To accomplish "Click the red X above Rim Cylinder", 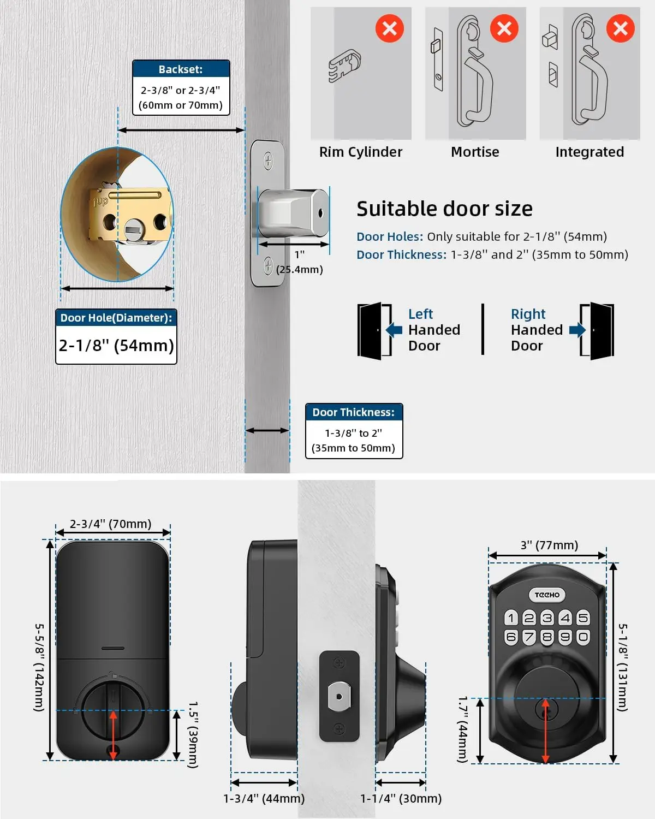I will point(390,28).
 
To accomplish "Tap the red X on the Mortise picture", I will point(504,28).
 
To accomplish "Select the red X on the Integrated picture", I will point(620,28).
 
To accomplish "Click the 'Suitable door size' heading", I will point(444,209).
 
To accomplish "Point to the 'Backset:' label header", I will point(181,69).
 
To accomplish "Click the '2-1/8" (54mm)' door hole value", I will point(116,345).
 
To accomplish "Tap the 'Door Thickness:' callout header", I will point(354,412).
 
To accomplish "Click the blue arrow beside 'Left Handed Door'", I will point(394,330).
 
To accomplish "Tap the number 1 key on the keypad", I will point(511,618).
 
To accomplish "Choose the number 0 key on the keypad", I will point(583,637).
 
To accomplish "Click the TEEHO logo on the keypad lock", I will point(547,595).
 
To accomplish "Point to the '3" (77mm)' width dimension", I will point(549,545).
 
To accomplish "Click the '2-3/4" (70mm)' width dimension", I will point(111,524).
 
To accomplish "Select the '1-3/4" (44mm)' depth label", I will point(264,798).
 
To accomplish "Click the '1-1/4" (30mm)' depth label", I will point(401,798).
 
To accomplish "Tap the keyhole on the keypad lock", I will point(545,710).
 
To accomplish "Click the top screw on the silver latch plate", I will point(268,161).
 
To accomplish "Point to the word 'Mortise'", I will point(475,152).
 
